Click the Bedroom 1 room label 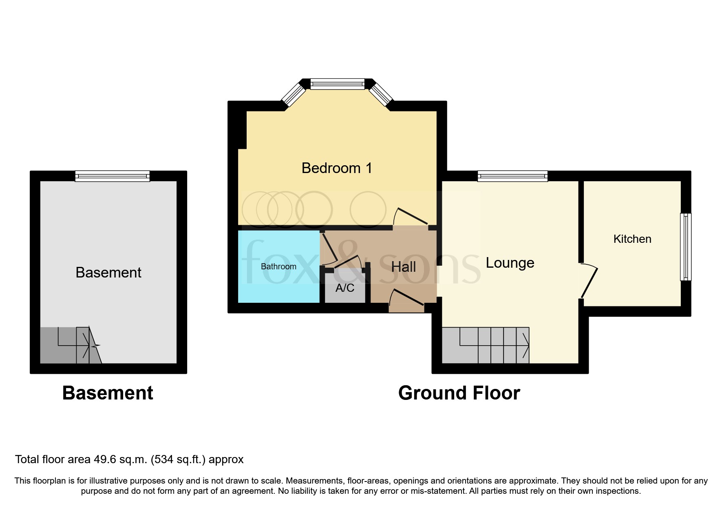click(337, 168)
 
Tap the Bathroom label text click(278, 266)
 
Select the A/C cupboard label click(345, 288)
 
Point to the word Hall click(403, 267)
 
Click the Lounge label click(510, 263)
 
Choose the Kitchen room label click(632, 239)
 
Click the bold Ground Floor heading click(459, 393)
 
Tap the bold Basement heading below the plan click(108, 393)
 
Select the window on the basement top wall click(112, 176)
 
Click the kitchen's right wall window click(686, 247)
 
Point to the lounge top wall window click(512, 176)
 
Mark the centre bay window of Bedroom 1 click(337, 84)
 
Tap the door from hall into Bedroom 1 click(411, 217)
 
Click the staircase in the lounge click(485, 345)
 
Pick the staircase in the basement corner click(69, 345)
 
